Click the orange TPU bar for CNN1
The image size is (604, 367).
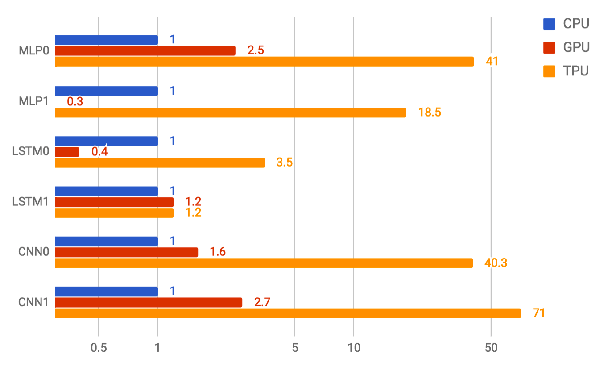288,313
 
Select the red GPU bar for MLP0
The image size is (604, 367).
145,50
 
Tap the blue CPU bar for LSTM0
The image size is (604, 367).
106,141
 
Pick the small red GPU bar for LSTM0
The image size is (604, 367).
67,152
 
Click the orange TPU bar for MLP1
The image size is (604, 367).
230,113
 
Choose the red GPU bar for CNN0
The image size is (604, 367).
126,252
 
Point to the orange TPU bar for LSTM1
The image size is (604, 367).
114,213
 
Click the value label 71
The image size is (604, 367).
539,313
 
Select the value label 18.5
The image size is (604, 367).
430,113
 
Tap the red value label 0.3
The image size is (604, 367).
75,102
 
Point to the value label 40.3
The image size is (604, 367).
496,263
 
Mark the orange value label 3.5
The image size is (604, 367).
284,163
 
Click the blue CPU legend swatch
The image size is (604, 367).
549,24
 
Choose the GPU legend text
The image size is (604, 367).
576,47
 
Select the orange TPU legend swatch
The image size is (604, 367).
549,71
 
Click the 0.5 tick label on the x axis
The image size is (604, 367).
98,348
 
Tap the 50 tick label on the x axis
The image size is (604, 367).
491,348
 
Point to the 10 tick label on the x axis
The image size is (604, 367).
353,348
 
